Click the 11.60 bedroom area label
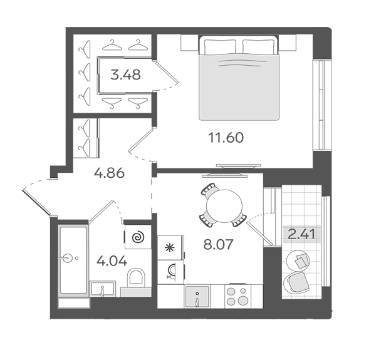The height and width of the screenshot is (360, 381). (226, 138)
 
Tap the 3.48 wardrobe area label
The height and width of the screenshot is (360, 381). (125, 75)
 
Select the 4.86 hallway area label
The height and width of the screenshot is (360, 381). (109, 173)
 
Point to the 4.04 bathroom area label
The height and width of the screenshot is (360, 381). (112, 261)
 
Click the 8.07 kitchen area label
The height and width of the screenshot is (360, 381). (219, 244)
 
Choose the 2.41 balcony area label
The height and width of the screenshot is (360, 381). (301, 234)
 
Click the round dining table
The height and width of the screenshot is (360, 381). (224, 206)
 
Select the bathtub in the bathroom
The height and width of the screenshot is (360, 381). (73, 260)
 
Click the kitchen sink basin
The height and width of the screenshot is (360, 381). (197, 296)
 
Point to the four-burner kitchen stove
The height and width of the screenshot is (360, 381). (238, 296)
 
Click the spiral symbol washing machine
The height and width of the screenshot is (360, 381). (138, 237)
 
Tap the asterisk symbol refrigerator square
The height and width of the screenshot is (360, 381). (170, 247)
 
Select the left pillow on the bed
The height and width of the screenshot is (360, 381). (220, 46)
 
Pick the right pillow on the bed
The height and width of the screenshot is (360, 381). (259, 46)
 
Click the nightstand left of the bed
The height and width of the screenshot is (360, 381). (189, 43)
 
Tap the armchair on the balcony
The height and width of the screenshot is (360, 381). (297, 282)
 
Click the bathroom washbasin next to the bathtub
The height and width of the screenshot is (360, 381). (103, 289)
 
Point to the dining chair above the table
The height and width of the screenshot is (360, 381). (209, 190)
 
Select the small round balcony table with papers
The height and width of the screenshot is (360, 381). (298, 259)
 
